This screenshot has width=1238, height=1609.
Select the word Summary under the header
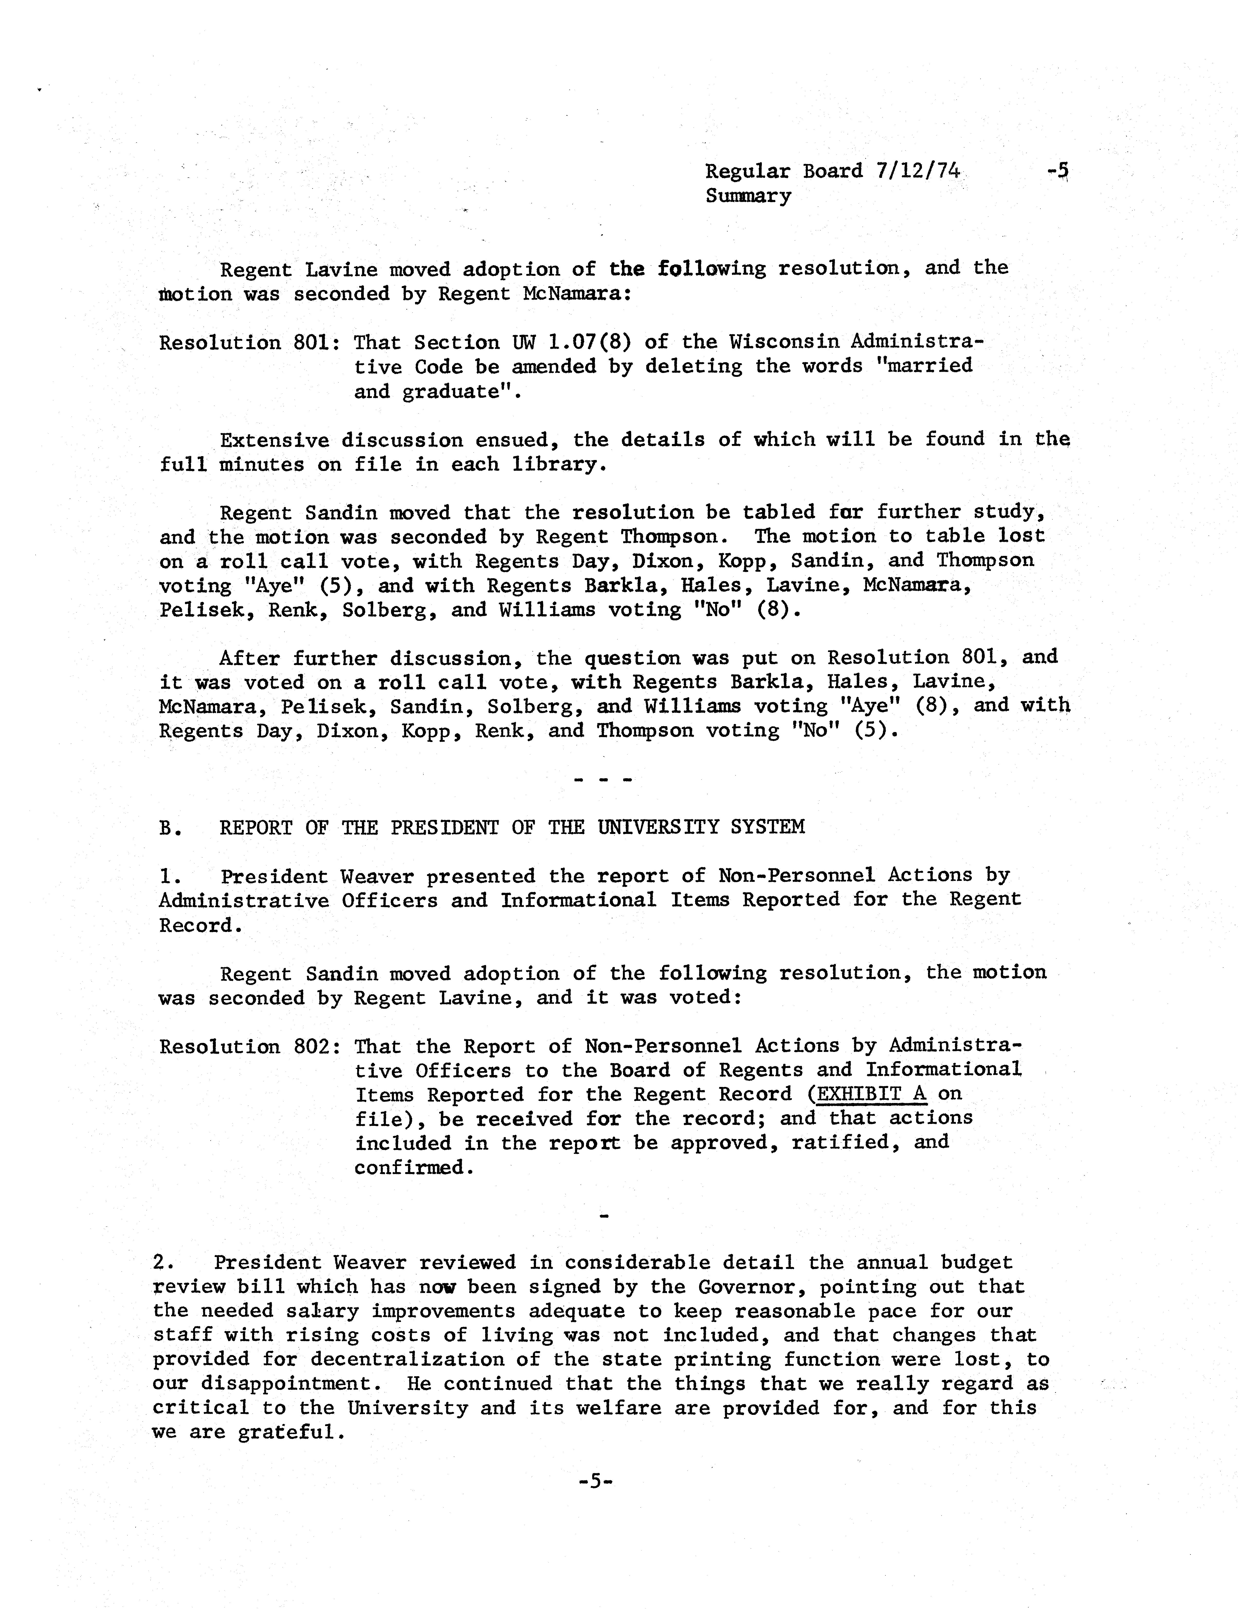click(748, 196)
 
